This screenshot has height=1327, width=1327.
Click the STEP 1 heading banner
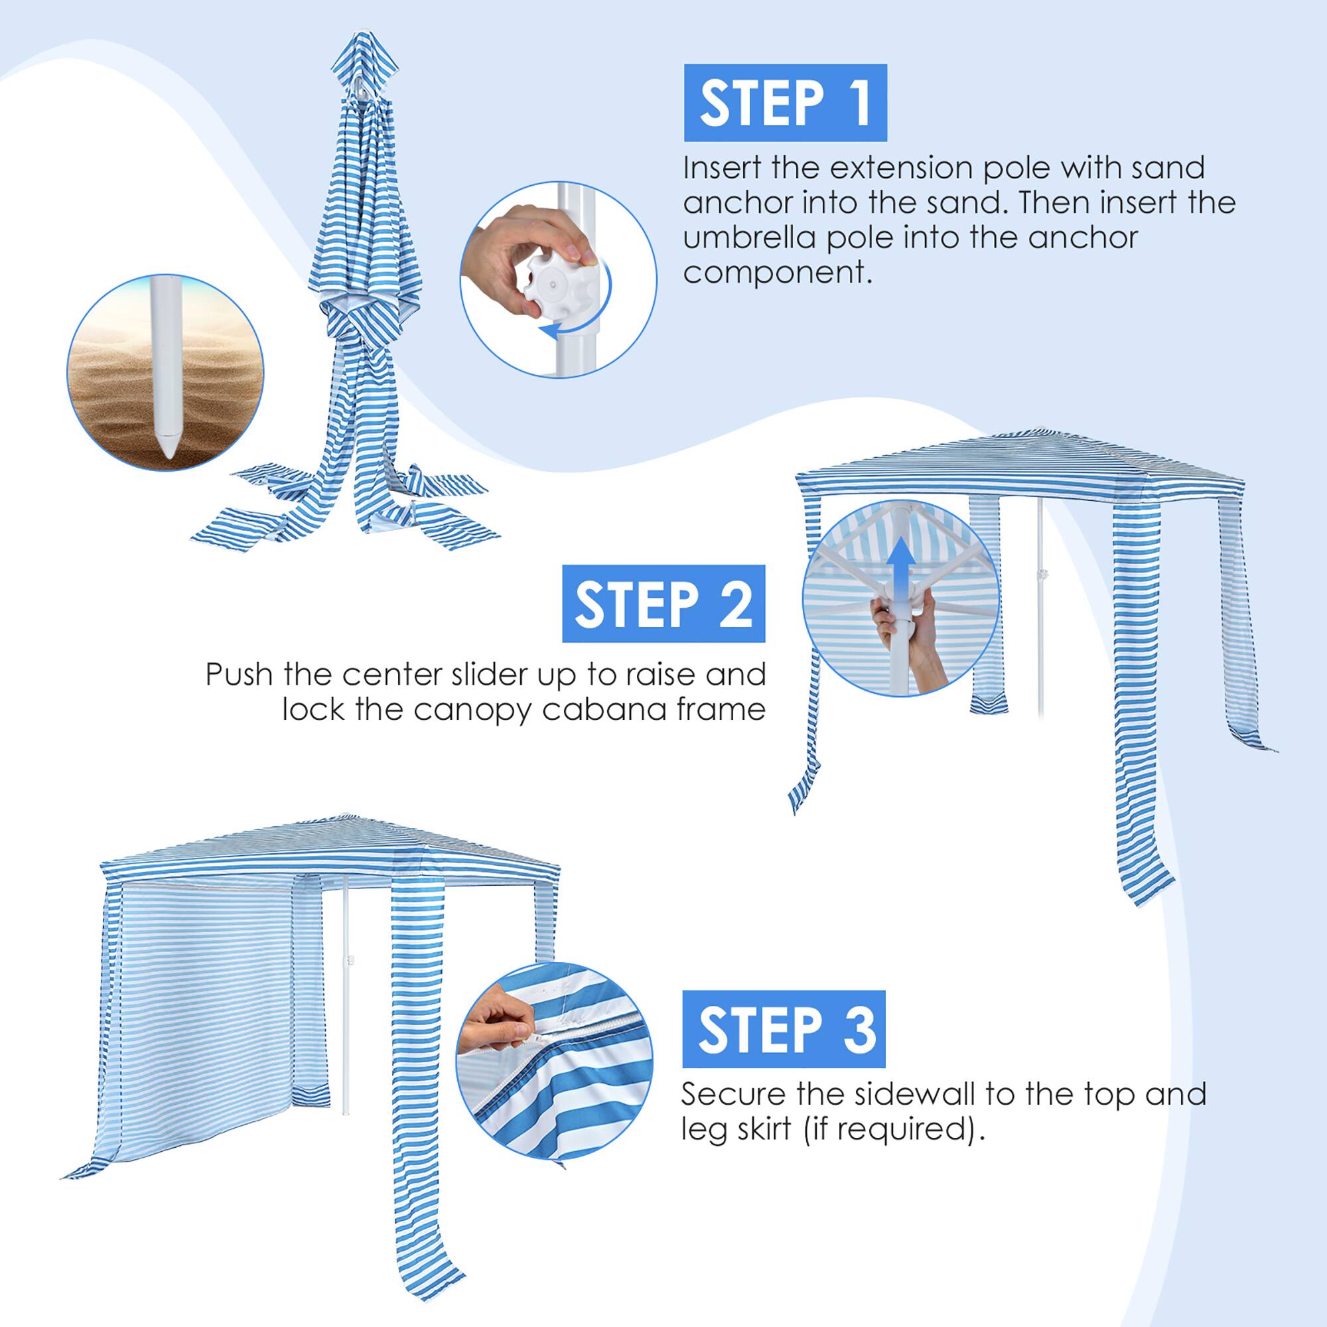pyautogui.click(x=785, y=102)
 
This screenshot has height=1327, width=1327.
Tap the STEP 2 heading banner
pyautogui.click(x=663, y=604)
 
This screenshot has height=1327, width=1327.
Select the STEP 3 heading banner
pyautogui.click(x=784, y=1029)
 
